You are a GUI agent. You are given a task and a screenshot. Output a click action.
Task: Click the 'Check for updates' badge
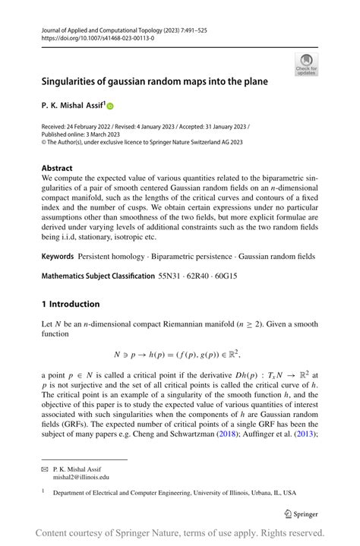pyautogui.click(x=306, y=65)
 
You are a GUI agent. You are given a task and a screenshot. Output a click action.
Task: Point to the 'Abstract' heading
pyautogui.click(x=57, y=168)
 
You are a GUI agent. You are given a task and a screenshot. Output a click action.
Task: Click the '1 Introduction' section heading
pyautogui.click(x=71, y=304)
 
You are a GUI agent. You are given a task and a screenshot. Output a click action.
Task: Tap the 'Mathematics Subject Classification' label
pyautogui.click(x=98, y=276)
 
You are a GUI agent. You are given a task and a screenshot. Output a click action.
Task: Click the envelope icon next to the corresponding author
pyautogui.click(x=45, y=470)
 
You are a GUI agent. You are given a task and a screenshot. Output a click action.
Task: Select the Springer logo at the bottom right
pyautogui.click(x=301, y=513)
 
